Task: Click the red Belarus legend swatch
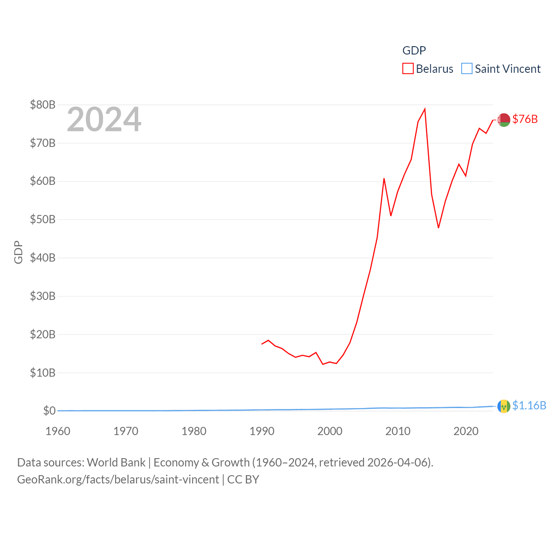coord(408,69)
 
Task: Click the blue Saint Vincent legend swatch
coord(466,69)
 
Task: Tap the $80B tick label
coord(43,105)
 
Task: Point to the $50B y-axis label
coord(43,219)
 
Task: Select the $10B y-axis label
coord(43,373)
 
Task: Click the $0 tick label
coord(49,411)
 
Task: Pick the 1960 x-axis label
coord(58,431)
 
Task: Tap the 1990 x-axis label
coord(262,431)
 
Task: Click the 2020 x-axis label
coord(466,431)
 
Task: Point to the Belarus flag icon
coord(504,119)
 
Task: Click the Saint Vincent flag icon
coord(504,406)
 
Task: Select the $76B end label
coord(525,119)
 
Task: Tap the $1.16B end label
coord(529,405)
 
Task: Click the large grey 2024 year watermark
coord(104,119)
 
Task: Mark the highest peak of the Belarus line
coord(425,109)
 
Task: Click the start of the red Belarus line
coord(262,344)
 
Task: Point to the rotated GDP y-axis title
coord(18,252)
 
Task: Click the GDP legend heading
coord(414,51)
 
